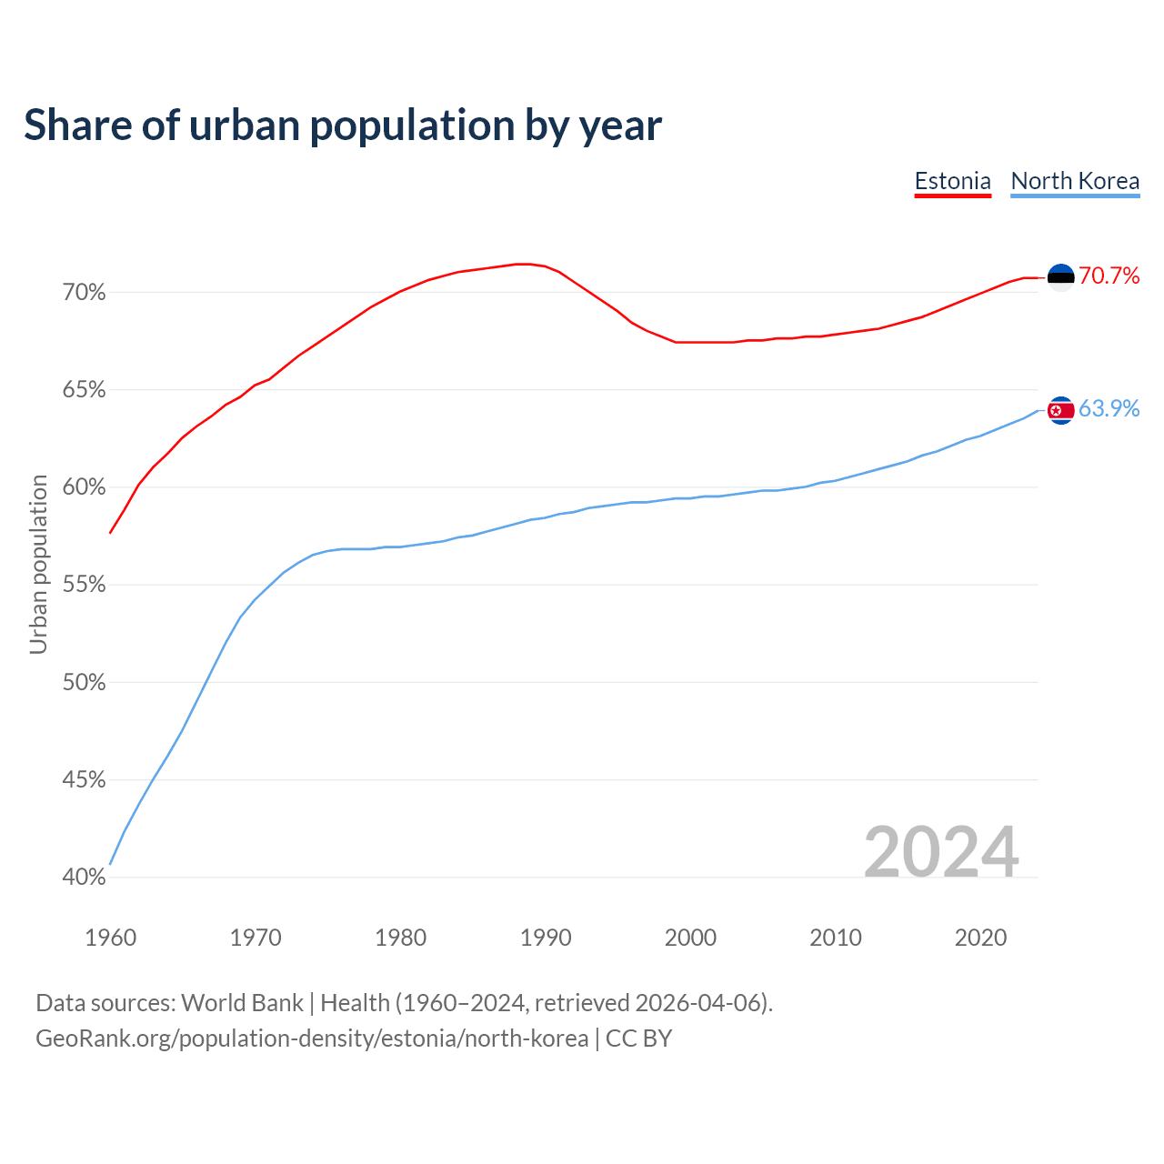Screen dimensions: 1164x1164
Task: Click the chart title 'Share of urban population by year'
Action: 343,125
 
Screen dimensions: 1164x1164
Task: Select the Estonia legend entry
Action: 952,181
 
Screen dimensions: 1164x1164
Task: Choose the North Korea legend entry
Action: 1075,181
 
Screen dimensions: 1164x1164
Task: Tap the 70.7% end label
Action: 1109,276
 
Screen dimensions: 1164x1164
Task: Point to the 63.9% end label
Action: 1109,408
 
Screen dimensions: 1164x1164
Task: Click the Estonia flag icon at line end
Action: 1060,276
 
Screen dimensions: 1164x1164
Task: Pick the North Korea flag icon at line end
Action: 1060,410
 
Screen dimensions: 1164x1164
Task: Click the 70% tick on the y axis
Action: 85,293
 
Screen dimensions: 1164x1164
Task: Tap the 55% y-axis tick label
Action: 85,585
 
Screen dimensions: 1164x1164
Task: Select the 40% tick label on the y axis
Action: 85,878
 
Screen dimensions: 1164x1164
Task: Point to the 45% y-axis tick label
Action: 85,780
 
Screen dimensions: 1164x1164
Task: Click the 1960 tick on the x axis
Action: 110,938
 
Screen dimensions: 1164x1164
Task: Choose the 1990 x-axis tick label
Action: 546,938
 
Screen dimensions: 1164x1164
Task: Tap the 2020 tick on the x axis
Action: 980,938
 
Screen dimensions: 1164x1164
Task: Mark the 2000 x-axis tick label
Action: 690,938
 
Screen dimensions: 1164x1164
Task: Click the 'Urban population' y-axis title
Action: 38,564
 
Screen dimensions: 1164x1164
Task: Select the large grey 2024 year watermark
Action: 941,852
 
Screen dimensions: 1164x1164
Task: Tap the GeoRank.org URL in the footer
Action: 312,1039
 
